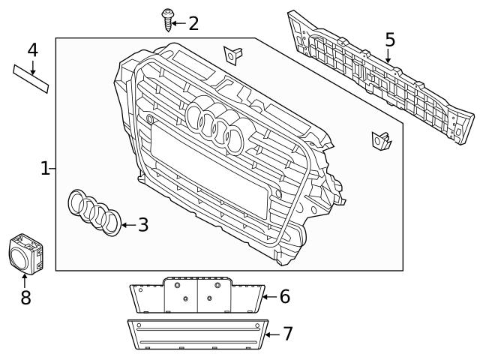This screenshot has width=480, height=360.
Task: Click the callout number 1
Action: pos(46,168)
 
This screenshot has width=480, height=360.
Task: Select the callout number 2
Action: pos(193,23)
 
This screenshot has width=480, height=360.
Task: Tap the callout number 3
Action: pos(142,224)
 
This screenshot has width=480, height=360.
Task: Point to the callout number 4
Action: pos(32,50)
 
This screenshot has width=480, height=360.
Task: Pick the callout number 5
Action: pos(389,39)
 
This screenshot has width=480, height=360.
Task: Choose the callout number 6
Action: pos(284,296)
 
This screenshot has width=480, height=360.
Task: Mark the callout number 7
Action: pos(287,334)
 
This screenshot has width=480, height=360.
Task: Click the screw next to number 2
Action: pos(168,20)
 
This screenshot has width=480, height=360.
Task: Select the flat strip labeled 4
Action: pos(31,78)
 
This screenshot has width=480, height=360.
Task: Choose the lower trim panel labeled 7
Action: pos(196,334)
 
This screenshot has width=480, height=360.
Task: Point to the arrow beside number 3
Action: pos(128,224)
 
